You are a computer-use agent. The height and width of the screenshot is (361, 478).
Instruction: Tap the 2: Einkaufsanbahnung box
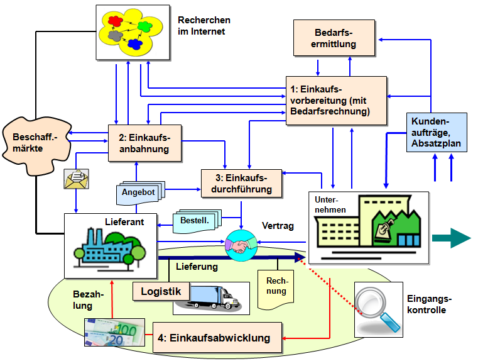click(x=144, y=143)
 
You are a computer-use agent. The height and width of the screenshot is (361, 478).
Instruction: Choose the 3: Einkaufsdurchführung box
click(x=241, y=183)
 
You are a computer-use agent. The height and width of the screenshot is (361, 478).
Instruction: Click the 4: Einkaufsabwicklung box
click(x=217, y=338)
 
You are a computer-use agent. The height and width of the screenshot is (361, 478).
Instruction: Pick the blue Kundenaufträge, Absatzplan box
click(x=436, y=132)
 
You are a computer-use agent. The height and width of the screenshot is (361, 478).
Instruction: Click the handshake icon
click(x=241, y=245)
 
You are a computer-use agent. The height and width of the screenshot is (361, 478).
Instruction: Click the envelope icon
click(x=76, y=179)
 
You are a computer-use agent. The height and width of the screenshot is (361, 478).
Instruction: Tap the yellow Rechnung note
click(x=276, y=287)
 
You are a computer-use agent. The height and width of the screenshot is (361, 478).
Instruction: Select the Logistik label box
click(x=161, y=291)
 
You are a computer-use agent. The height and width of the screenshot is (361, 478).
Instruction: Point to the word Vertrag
click(x=277, y=226)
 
